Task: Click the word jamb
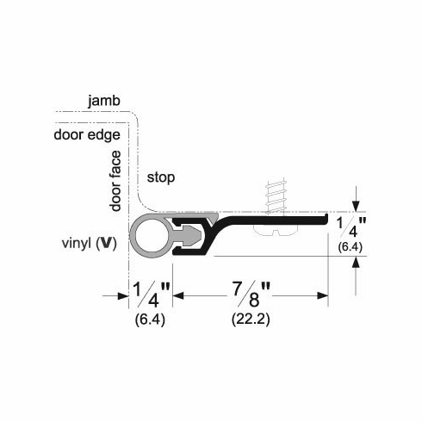(105, 102)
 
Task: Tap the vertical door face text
(116, 178)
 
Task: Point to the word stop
(161, 178)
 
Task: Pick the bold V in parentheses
(105, 242)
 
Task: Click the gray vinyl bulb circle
(148, 235)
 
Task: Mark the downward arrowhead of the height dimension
(355, 207)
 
